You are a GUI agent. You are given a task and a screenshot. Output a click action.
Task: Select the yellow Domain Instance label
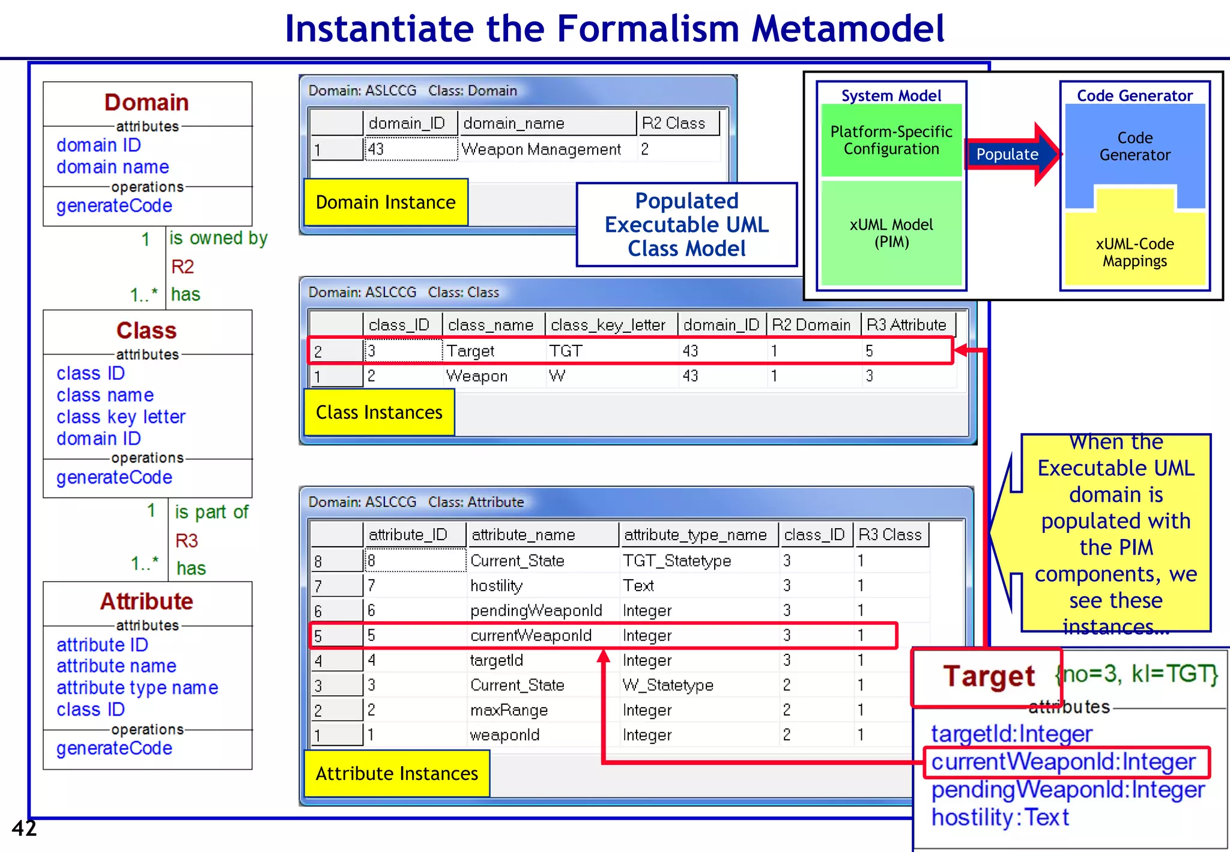pyautogui.click(x=386, y=202)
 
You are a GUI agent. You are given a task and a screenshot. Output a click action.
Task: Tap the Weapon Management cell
pyautogui.click(x=541, y=150)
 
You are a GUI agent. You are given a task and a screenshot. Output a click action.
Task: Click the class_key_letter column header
pyautogui.click(x=608, y=325)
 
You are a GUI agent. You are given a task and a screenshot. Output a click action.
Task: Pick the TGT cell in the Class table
pyautogui.click(x=566, y=351)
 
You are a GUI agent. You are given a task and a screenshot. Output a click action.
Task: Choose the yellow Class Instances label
pyautogui.click(x=379, y=413)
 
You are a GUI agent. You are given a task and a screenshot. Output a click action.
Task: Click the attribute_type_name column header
pyautogui.click(x=695, y=535)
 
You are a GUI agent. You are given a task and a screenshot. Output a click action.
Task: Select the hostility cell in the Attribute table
pyautogui.click(x=497, y=586)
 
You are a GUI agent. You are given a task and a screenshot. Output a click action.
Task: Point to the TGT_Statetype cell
pyautogui.click(x=677, y=561)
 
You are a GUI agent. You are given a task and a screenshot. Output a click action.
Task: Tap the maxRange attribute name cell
pyautogui.click(x=509, y=710)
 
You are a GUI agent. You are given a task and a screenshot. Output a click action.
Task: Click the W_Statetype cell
pyautogui.click(x=668, y=685)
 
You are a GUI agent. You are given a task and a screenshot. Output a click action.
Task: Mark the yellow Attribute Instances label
pyautogui.click(x=397, y=774)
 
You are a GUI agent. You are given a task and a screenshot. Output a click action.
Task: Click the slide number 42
pyautogui.click(x=24, y=829)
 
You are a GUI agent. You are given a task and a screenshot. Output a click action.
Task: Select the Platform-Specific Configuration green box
pyautogui.click(x=891, y=141)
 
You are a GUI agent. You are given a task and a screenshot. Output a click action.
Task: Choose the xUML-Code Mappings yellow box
pyautogui.click(x=1135, y=253)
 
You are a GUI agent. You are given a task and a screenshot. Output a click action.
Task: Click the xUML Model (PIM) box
pyautogui.click(x=891, y=233)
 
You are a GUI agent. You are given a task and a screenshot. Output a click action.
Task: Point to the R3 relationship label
pyautogui.click(x=187, y=541)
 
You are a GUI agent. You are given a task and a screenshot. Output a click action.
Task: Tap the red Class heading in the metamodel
pyautogui.click(x=147, y=331)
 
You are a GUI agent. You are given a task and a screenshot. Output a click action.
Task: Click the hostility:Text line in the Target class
pyautogui.click(x=1000, y=818)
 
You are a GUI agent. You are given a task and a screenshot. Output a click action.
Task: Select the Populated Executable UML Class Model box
pyautogui.click(x=686, y=225)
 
